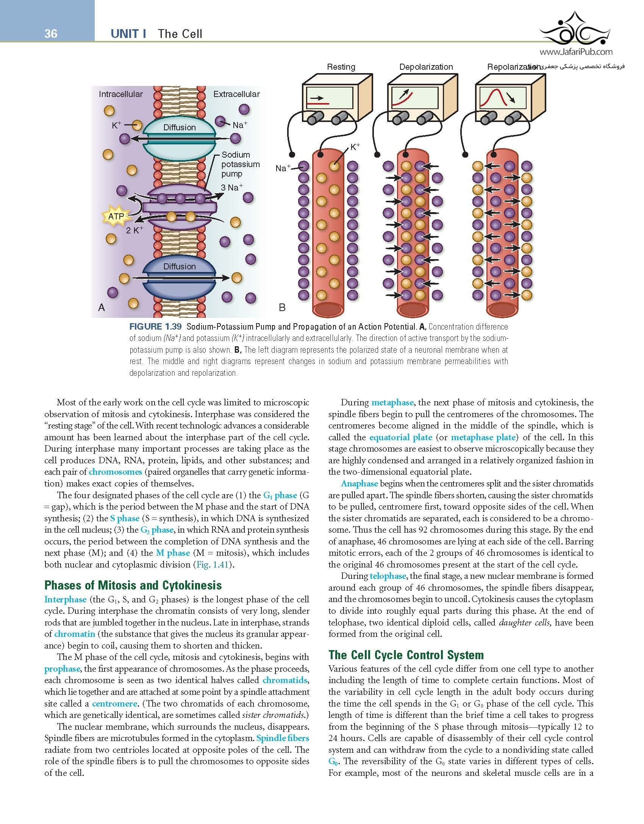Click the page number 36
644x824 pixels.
click(51, 34)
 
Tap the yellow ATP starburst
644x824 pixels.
click(116, 216)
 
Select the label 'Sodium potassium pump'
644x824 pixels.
click(240, 164)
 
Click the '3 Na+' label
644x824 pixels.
click(232, 187)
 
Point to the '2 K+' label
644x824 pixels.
click(134, 230)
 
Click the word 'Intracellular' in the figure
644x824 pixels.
click(120, 94)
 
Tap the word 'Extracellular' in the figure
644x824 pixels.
click(236, 94)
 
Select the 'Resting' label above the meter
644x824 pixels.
click(341, 67)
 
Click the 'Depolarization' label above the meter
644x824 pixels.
click(426, 67)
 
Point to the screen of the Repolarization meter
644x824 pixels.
click(502, 99)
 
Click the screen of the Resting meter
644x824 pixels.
click(329, 99)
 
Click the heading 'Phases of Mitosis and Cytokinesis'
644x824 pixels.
click(133, 585)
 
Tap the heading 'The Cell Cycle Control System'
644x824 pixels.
click(406, 655)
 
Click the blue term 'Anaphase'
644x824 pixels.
click(359, 483)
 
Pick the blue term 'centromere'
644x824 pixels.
click(115, 704)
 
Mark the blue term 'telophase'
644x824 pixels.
click(388, 576)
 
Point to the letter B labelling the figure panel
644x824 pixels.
click(282, 308)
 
